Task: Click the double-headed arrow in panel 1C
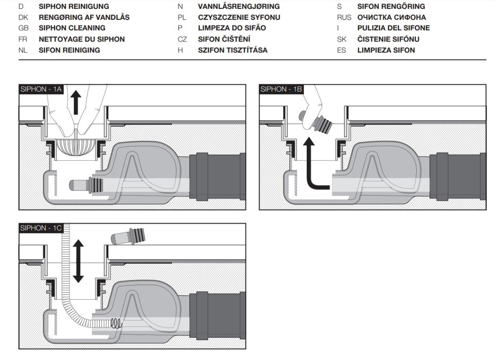(x=78, y=261)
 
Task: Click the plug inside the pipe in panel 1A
(x=86, y=185)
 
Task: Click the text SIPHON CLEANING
(x=72, y=28)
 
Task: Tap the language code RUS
(x=344, y=17)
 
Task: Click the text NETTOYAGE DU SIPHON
(x=82, y=39)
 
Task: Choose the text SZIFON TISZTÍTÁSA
(x=233, y=50)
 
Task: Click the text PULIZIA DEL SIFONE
(x=393, y=28)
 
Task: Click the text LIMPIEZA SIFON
(x=386, y=50)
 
